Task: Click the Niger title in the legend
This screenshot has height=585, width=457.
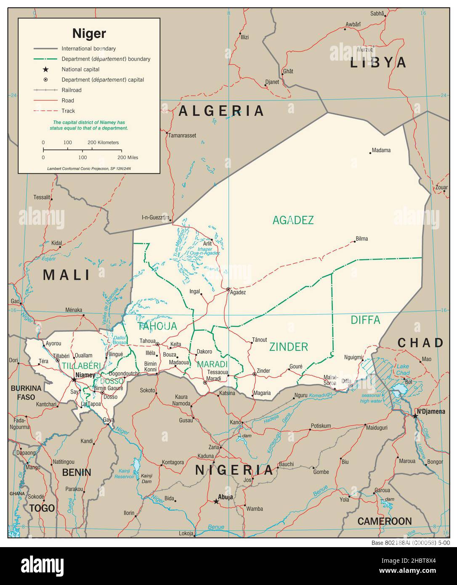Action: [89, 33]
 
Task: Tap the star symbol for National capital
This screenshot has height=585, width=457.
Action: [45, 69]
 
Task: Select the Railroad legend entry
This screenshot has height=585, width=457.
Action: [71, 90]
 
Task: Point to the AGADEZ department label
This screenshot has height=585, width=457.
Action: [293, 220]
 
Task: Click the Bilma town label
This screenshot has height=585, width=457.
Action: [361, 239]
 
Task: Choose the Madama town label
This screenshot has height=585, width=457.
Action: [381, 150]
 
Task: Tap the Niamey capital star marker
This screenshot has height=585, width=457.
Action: [74, 379]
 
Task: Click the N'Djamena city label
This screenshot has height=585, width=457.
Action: [430, 411]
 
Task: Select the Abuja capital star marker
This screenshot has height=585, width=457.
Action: [216, 501]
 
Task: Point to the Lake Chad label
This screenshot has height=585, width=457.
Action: [403, 370]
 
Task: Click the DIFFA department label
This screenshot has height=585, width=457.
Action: [365, 320]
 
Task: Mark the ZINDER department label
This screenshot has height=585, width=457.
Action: [289, 347]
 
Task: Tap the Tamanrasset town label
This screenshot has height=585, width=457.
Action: [182, 136]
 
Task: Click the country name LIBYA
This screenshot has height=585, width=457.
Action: [378, 63]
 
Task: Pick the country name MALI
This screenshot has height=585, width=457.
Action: [67, 275]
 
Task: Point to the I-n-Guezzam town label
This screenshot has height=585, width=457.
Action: [155, 218]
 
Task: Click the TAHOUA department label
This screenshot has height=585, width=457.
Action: [157, 326]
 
